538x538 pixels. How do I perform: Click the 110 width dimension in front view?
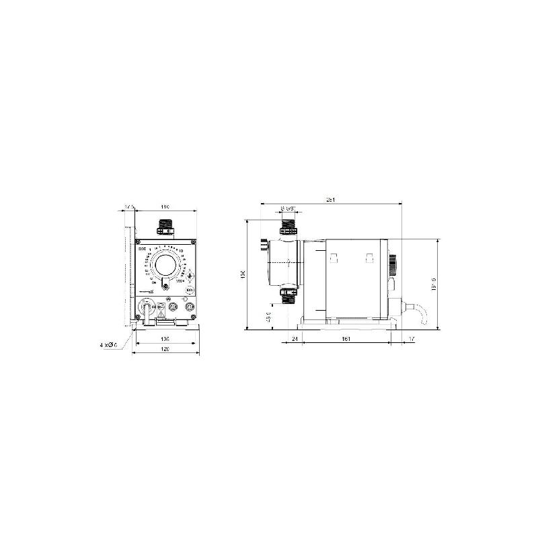pos(165,207)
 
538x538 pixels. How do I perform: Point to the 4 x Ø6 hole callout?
pos(108,345)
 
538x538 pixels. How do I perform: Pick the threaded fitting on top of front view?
pos(165,227)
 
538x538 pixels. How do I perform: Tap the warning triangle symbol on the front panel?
pos(161,311)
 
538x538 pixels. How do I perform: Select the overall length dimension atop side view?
pos(329,199)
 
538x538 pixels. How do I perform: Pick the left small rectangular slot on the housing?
pos(334,257)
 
